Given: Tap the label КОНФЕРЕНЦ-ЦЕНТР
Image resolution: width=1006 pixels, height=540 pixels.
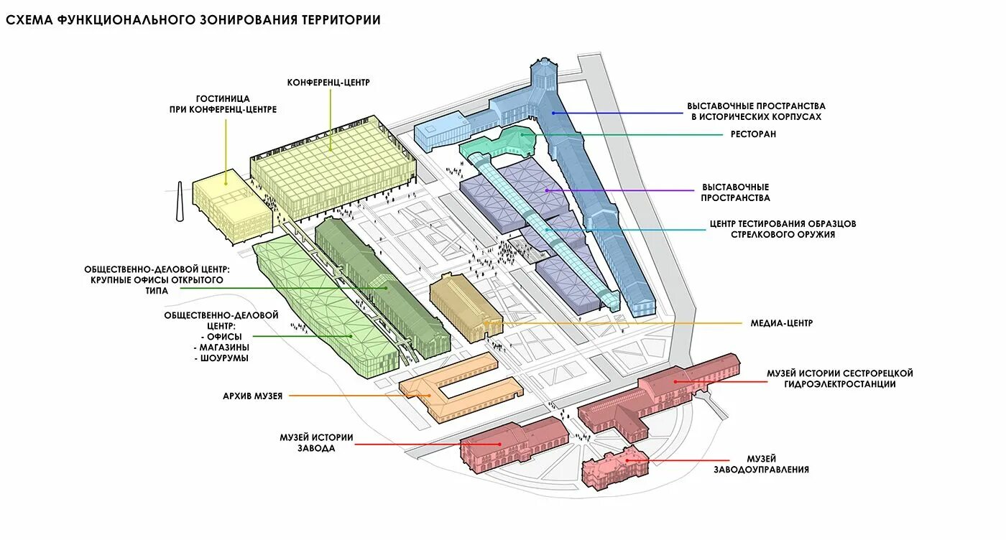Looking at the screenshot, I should (328, 83).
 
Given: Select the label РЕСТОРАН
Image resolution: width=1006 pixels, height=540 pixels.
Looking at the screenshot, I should (754, 134).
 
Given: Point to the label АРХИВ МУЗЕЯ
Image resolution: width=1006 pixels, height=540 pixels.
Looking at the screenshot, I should (253, 395).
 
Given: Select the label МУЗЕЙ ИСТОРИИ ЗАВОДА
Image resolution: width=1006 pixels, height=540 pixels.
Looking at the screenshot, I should (317, 442).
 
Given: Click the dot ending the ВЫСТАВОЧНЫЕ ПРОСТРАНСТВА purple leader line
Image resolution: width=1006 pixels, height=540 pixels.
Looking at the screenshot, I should (548, 190).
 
